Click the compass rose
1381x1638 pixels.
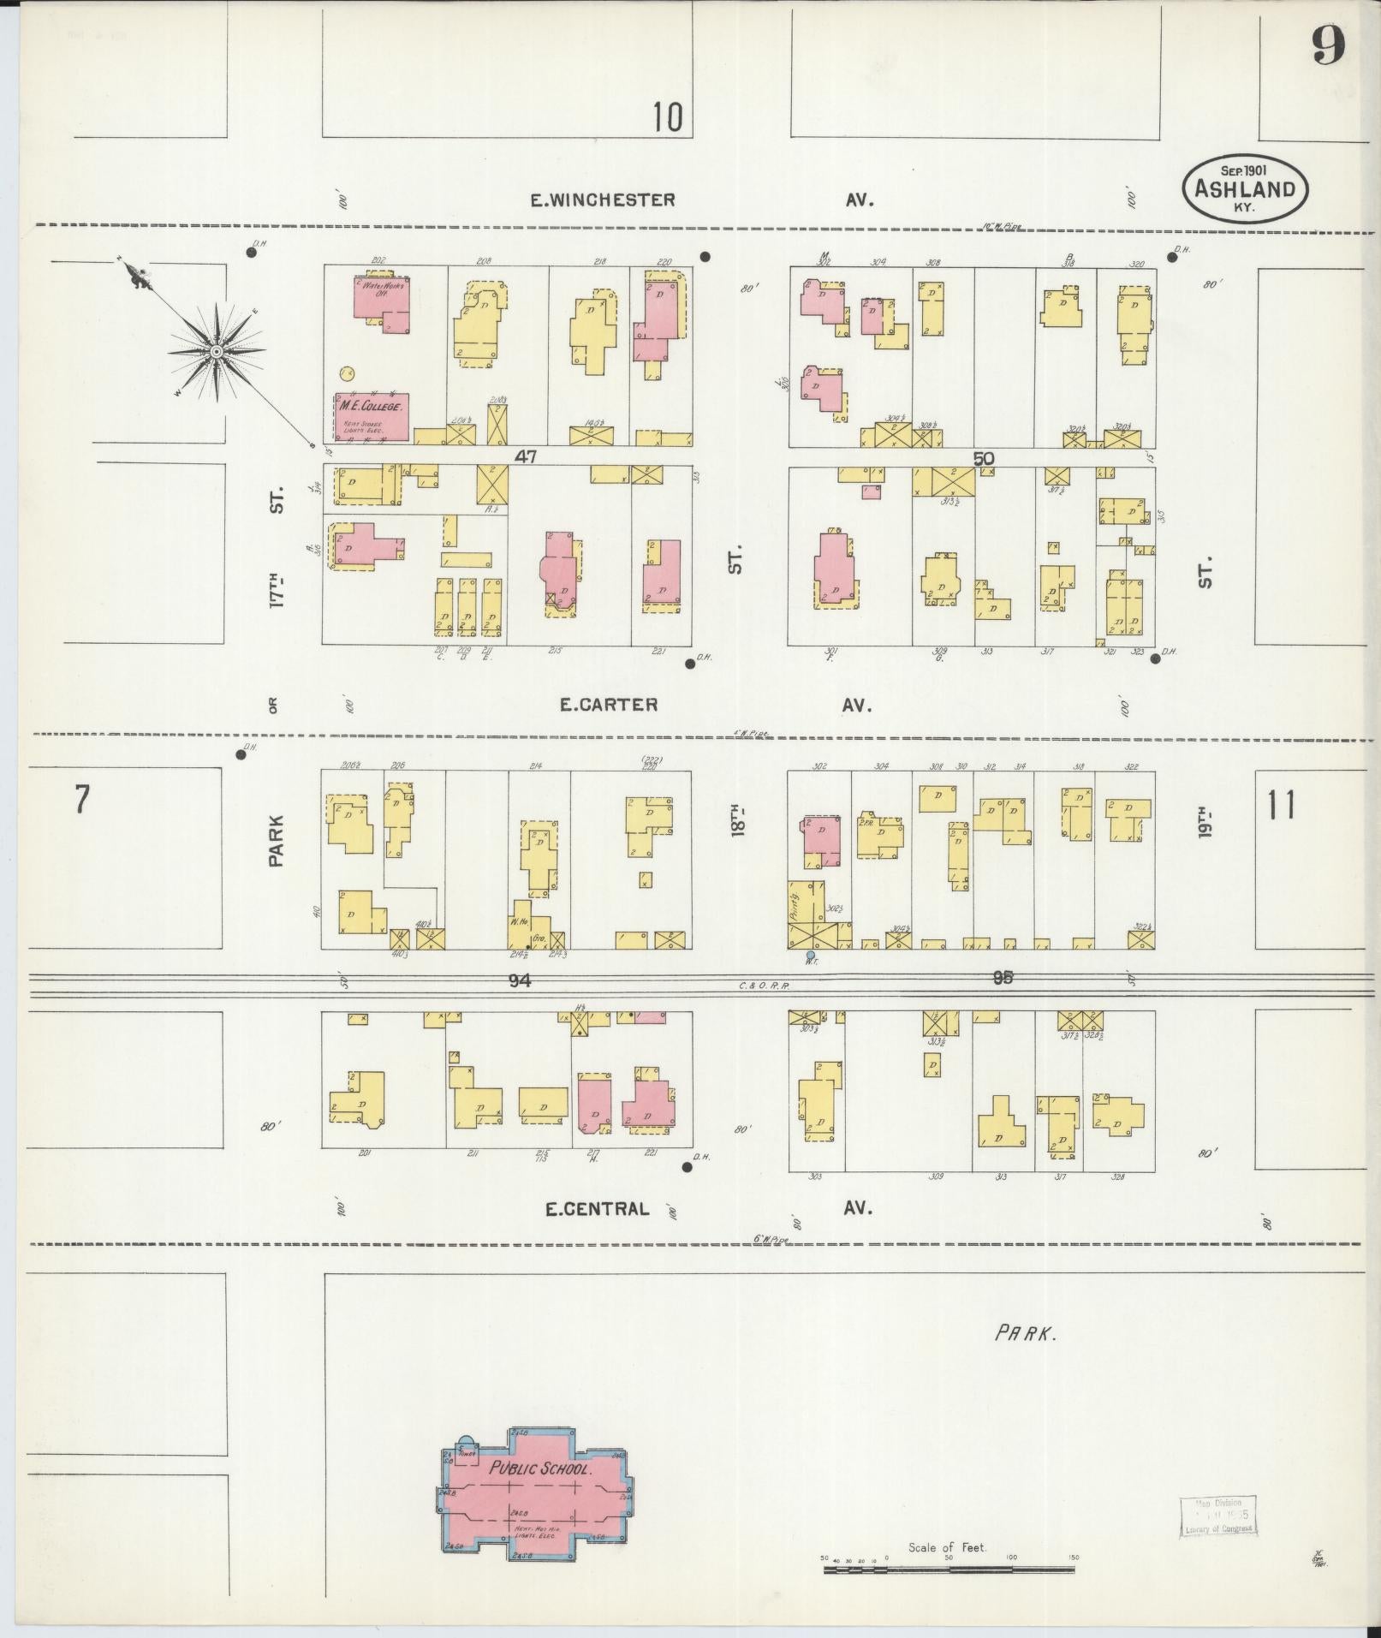click(x=217, y=350)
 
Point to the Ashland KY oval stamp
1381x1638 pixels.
click(x=1245, y=188)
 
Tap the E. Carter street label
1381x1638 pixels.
click(x=609, y=705)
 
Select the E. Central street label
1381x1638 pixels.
click(x=598, y=1209)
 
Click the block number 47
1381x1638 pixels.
click(x=525, y=457)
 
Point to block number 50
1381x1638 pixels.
click(x=983, y=459)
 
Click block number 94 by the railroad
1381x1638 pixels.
click(x=519, y=981)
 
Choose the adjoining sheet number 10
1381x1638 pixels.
click(x=668, y=117)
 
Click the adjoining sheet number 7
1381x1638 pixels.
click(x=81, y=799)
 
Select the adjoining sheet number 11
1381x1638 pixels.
click(x=1282, y=806)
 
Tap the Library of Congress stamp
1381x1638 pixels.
click(x=1219, y=1516)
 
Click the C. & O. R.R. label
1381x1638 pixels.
click(x=763, y=986)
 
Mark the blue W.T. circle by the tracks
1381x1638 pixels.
click(x=811, y=954)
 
